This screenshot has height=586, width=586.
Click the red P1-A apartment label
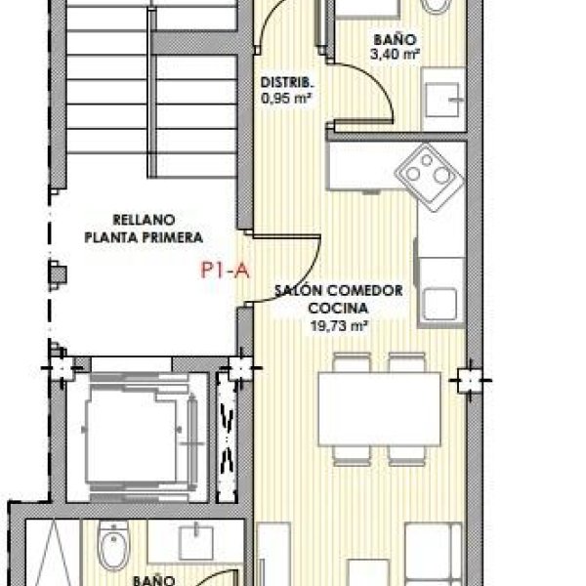(225, 270)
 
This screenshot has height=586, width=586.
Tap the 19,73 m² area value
(338, 326)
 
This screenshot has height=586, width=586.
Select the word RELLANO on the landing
(144, 220)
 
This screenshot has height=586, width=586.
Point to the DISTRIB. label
(287, 83)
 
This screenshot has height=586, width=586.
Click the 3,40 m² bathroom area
(395, 55)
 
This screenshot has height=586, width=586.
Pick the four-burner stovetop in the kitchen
(430, 177)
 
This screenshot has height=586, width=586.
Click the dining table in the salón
(379, 409)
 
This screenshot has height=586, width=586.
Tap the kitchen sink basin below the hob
(440, 304)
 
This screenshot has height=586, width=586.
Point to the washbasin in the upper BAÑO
(443, 99)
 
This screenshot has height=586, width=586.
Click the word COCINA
(338, 309)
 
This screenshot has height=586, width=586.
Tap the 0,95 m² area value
(286, 99)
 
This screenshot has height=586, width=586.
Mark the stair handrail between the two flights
(151, 93)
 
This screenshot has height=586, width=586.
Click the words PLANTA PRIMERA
(144, 237)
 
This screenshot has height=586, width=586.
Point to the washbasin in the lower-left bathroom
(196, 543)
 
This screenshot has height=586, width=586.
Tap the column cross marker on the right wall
(470, 381)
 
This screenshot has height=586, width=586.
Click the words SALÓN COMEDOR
(339, 290)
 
